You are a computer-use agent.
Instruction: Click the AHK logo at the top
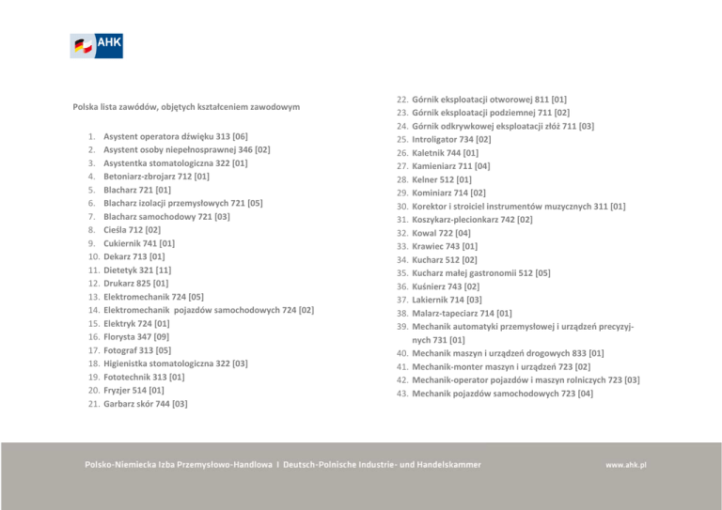click(x=97, y=45)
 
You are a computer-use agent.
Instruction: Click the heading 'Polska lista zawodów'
click(x=186, y=107)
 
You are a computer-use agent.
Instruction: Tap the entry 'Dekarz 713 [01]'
click(x=134, y=255)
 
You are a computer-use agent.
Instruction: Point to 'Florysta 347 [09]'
click(x=136, y=336)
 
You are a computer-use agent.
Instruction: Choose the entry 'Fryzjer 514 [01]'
click(x=133, y=390)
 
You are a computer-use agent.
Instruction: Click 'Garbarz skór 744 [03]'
click(x=145, y=404)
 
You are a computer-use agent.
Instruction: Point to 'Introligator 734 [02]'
click(x=451, y=139)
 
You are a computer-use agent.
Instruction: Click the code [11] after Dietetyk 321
click(x=177, y=270)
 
